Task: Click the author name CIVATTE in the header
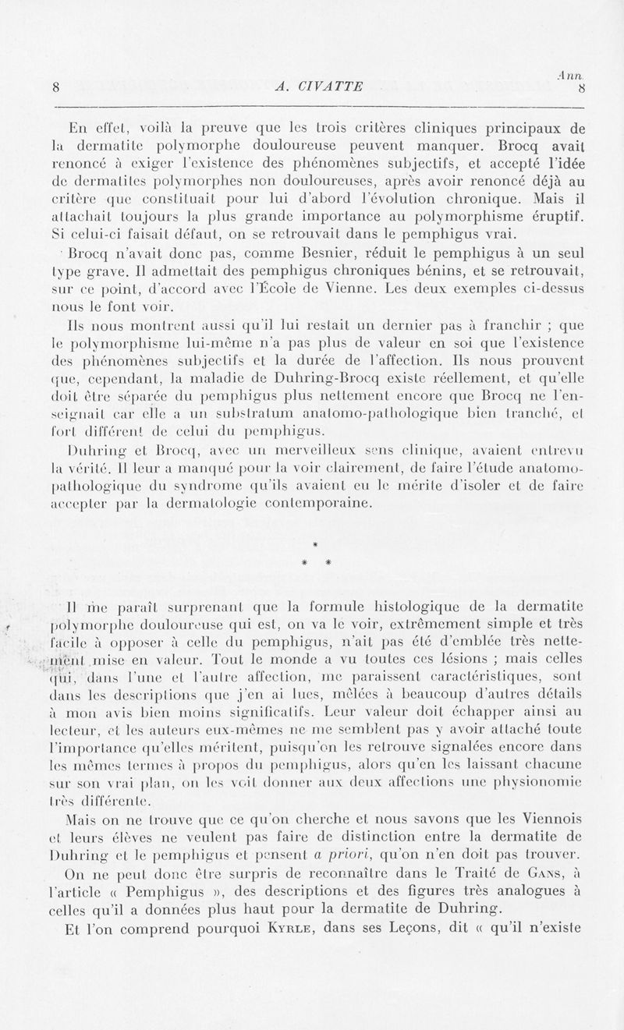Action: click(x=328, y=87)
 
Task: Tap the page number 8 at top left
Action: click(x=57, y=87)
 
